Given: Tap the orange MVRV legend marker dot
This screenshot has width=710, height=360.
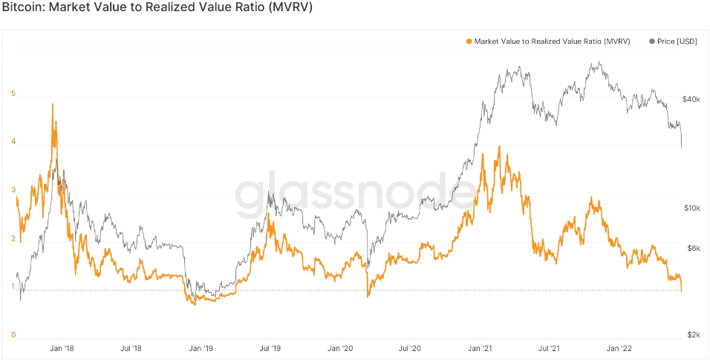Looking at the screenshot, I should (468, 42).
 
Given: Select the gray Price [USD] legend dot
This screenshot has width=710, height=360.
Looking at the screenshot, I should (652, 42).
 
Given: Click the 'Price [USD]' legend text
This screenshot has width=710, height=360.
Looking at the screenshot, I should (677, 42).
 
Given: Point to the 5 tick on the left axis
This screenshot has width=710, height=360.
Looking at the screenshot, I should (13, 94).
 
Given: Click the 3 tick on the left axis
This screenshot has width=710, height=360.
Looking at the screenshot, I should (13, 191).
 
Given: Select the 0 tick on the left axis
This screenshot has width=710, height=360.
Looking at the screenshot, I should (13, 335).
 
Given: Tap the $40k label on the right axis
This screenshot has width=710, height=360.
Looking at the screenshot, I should (691, 99).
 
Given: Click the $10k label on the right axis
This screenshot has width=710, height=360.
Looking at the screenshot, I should (691, 209).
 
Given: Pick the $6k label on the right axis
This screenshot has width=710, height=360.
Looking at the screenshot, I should (693, 249).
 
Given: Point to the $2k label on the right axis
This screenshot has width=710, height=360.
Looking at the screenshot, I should (693, 336).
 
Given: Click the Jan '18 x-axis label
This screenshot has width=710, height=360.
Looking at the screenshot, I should (60, 347).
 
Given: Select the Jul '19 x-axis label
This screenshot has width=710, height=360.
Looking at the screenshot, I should (270, 347).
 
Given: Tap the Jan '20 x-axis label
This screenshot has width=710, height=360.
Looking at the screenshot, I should (340, 347).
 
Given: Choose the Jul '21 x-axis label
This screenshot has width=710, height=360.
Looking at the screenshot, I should (550, 347).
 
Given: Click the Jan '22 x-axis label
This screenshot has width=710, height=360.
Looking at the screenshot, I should (619, 347).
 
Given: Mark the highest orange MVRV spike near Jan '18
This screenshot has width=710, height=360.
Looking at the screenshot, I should (52, 105).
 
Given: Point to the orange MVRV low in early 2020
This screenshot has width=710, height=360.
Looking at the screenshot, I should (368, 296).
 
